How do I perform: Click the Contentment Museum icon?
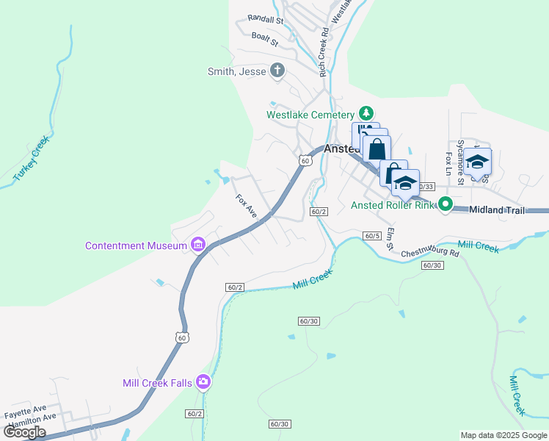tap(197, 245)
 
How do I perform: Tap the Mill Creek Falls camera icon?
tap(203, 381)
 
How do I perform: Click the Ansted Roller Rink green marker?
tap(445, 204)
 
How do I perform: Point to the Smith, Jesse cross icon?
tap(277, 71)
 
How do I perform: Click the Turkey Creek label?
tap(32, 158)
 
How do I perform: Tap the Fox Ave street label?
tap(246, 206)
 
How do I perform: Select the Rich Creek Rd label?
tap(322, 52)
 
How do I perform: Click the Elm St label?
tap(391, 238)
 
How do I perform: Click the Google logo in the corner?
tap(25, 432)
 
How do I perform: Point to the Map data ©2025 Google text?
tap(503, 435)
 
